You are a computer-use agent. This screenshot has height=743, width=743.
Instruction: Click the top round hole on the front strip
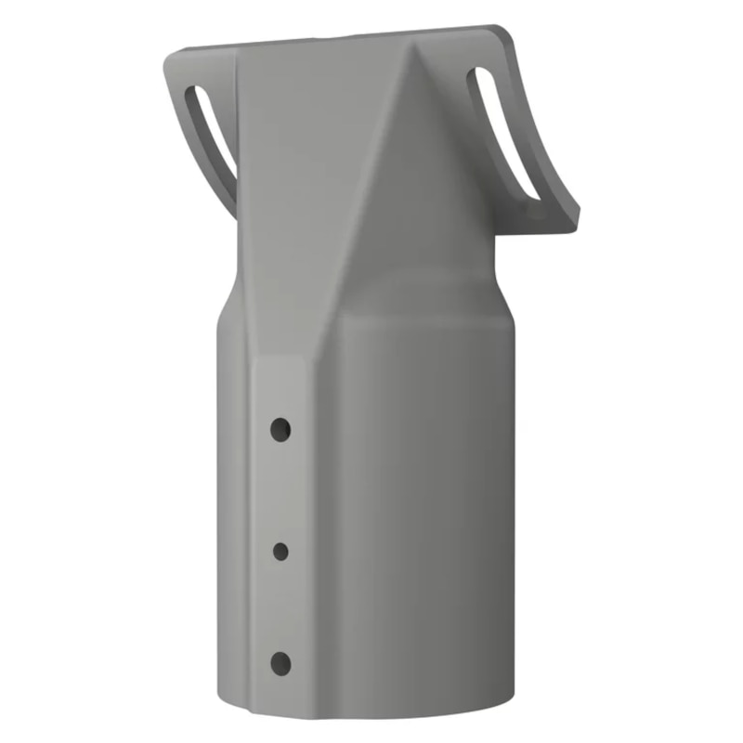pyautogui.click(x=280, y=429)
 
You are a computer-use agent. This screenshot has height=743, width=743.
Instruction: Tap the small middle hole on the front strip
pyautogui.click(x=280, y=551)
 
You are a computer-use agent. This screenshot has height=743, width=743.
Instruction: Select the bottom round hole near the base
pyautogui.click(x=280, y=662)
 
